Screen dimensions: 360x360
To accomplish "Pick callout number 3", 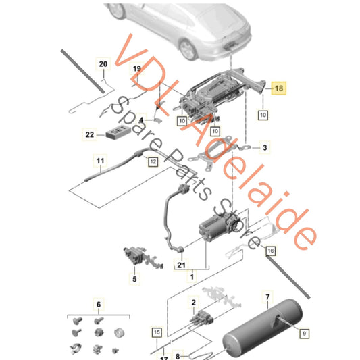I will [x=265, y=147].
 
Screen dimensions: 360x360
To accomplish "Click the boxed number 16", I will [x=271, y=251].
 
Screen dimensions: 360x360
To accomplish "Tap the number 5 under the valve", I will [x=134, y=278].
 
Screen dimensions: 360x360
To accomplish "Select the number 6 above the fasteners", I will [x=97, y=306].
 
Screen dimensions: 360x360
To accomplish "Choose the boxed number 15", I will [x=156, y=332].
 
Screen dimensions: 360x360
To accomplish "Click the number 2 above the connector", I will [x=194, y=305].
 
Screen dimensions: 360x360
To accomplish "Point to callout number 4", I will [x=141, y=120].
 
